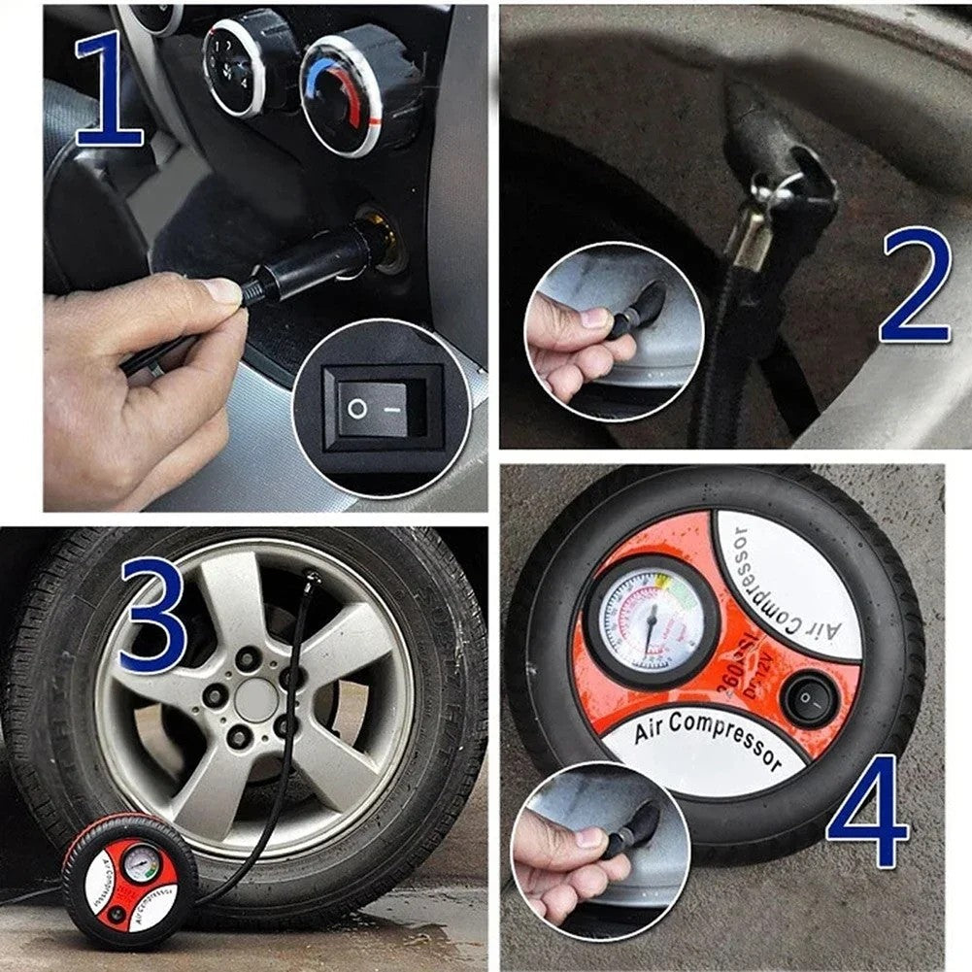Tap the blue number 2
pos(914,286)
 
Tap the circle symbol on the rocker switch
pos(357,409)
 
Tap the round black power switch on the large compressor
pos(810,698)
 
